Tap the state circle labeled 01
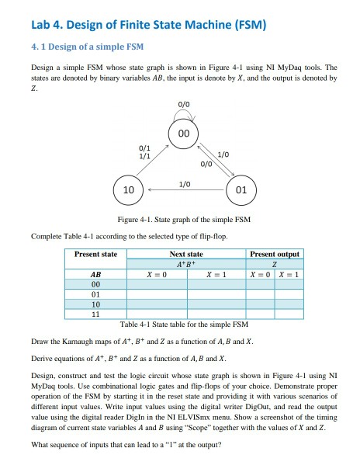(240, 189)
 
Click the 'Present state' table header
(95, 254)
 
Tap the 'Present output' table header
(274, 254)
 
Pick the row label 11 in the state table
(95, 314)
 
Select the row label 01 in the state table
(95, 295)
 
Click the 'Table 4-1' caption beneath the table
(137, 324)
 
